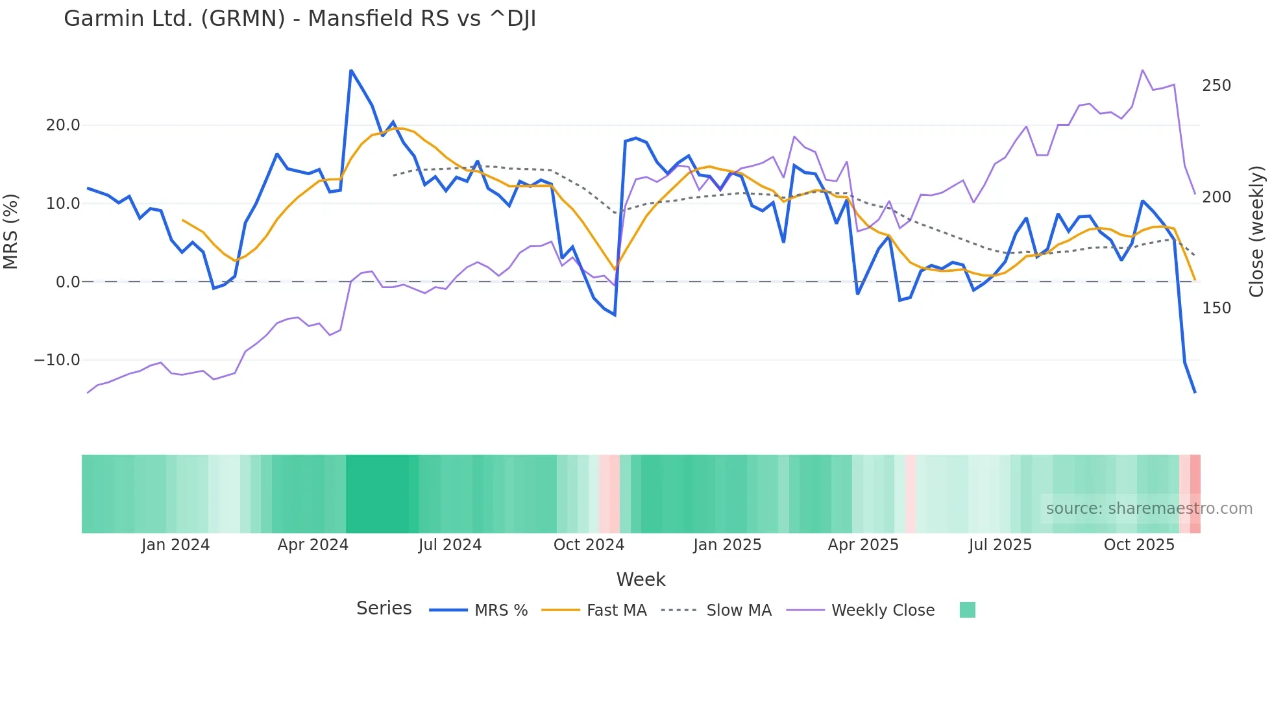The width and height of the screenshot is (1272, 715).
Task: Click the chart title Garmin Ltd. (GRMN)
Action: (x=300, y=19)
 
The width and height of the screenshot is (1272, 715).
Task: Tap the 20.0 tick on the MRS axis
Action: (x=63, y=125)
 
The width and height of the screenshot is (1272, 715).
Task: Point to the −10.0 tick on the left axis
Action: (x=57, y=360)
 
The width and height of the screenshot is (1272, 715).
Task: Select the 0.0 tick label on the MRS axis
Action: (x=68, y=282)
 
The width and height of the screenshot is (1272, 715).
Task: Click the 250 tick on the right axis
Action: (x=1216, y=86)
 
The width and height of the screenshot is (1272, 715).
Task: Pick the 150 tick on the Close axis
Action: (x=1216, y=308)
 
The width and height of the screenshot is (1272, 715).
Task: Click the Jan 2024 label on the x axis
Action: (x=175, y=545)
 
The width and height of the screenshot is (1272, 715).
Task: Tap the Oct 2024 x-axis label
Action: (x=589, y=545)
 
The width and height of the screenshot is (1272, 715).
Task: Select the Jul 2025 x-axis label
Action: (x=1000, y=545)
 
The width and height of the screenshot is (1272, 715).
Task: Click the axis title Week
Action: (x=641, y=579)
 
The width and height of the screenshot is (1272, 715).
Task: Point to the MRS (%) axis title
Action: (x=11, y=232)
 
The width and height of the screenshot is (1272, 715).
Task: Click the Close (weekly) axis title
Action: (x=1256, y=232)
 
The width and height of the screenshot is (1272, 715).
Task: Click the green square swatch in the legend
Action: (x=967, y=610)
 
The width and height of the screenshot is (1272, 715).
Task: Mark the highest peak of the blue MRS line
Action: (x=351, y=70)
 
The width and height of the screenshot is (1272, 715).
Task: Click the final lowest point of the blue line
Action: (x=1195, y=392)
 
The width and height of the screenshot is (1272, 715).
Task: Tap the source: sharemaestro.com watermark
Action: (x=1149, y=509)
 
